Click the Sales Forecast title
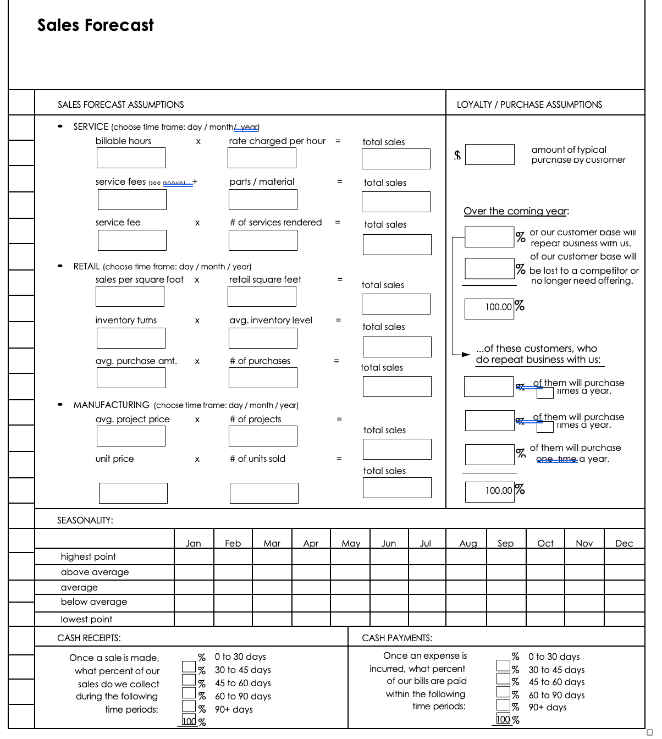[x=96, y=25]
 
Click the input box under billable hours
[x=131, y=158]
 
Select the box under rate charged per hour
[x=262, y=158]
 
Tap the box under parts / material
[x=263, y=200]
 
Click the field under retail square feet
[x=262, y=296]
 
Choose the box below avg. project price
[x=131, y=436]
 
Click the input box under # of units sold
[x=264, y=493]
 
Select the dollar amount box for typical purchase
[x=490, y=155]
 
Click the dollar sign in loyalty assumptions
[x=457, y=156]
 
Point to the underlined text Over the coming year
[x=516, y=211]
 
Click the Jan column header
[x=193, y=543]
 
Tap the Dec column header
[x=624, y=543]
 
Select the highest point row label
[x=89, y=556]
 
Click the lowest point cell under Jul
[x=427, y=619]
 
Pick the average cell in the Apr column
[x=311, y=587]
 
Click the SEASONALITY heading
[x=85, y=520]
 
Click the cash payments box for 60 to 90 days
[x=503, y=693]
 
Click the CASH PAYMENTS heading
[x=397, y=638]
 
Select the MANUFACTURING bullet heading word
[x=112, y=405]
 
